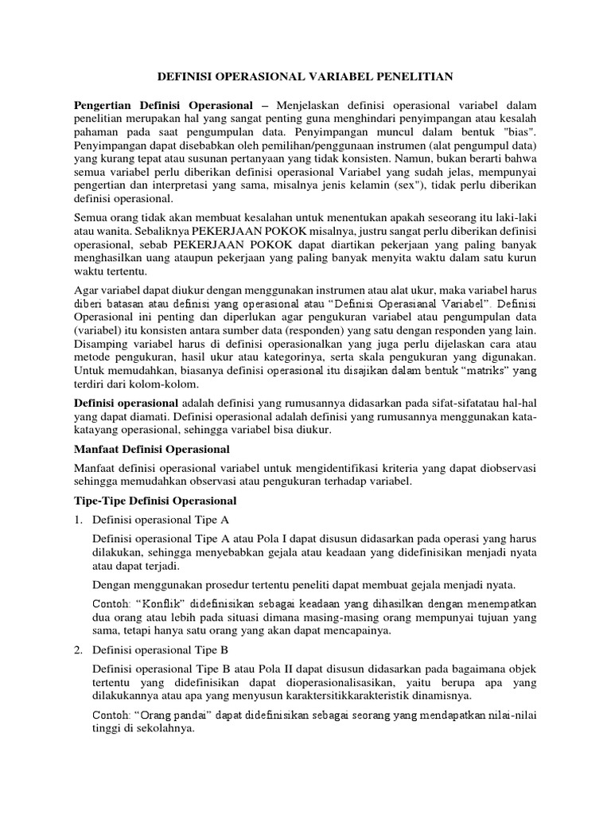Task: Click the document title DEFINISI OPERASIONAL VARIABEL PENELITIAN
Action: [305, 76]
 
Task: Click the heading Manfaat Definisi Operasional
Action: [151, 450]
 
